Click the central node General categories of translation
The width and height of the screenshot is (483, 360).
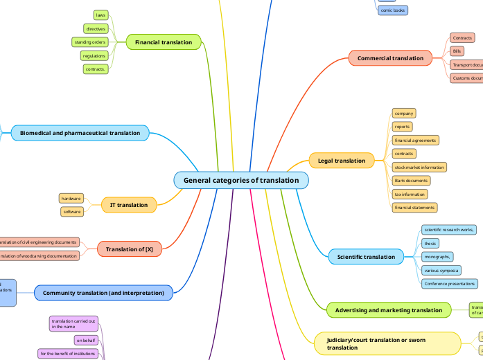[x=241, y=180]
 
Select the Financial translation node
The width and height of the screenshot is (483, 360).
[x=164, y=42]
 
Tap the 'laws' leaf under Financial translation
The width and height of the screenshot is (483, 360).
[x=101, y=15]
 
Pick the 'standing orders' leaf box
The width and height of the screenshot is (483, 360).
[x=89, y=42]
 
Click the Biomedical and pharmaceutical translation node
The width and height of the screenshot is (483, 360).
[x=80, y=133]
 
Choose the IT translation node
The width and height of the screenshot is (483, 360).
[x=129, y=205]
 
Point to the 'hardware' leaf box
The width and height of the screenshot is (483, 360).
[x=71, y=198]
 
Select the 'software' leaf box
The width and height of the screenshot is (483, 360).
[x=72, y=212]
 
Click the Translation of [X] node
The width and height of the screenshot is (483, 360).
[x=130, y=249]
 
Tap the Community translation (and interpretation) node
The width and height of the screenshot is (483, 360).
[x=103, y=294]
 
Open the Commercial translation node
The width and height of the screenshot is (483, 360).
[x=390, y=58]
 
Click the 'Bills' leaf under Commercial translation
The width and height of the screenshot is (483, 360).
[x=457, y=51]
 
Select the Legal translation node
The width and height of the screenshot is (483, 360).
[x=342, y=161]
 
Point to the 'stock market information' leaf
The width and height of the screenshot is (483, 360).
[x=419, y=167]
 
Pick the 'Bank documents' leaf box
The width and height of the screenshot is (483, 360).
[x=411, y=181]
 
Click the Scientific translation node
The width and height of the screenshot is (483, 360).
[x=366, y=257]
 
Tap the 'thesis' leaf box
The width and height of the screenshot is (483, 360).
[x=430, y=244]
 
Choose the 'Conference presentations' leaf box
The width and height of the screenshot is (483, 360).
[x=449, y=284]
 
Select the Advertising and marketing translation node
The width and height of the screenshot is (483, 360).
[x=389, y=310]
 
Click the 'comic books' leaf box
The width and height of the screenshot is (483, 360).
[x=393, y=10]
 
